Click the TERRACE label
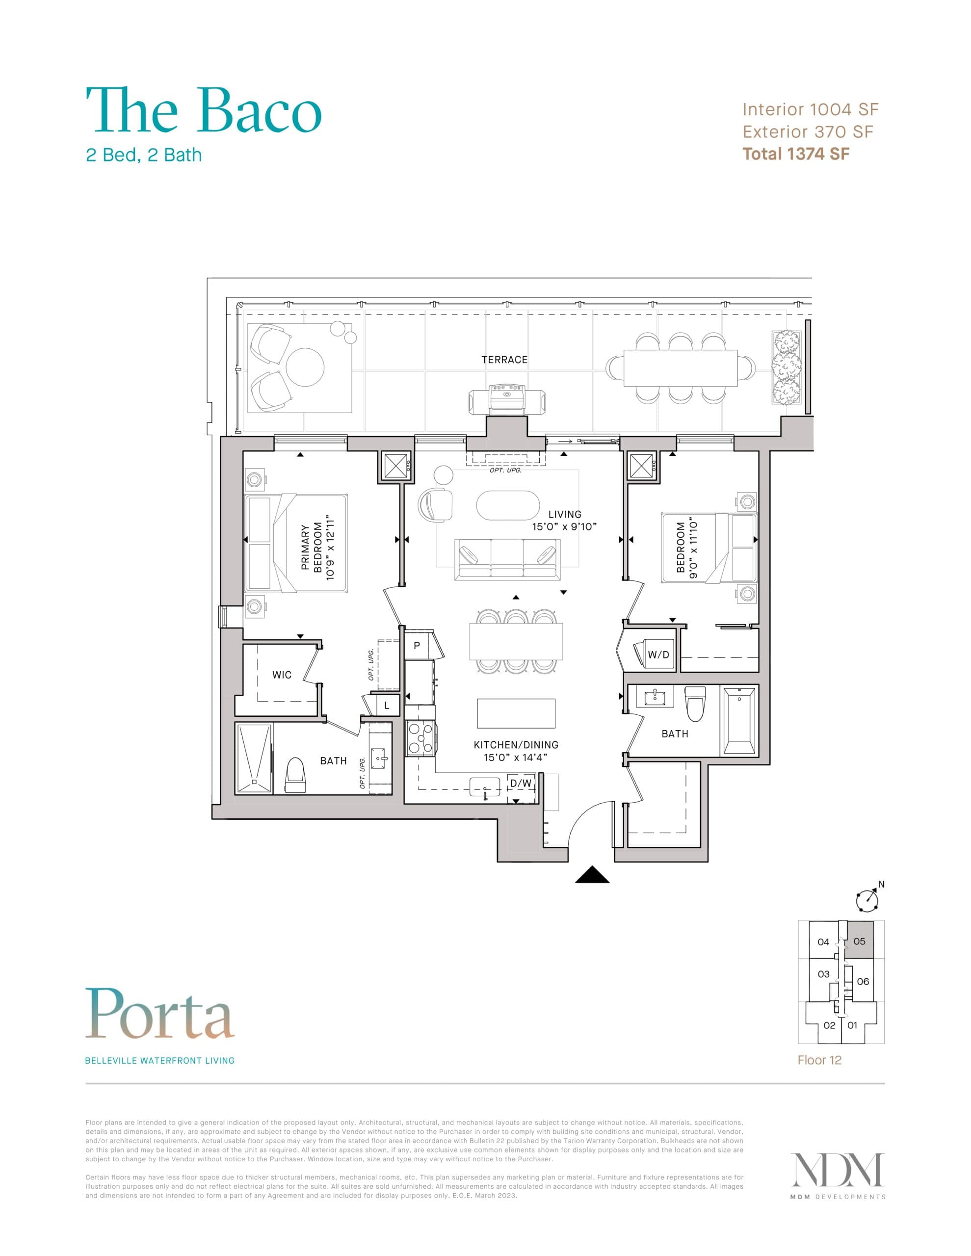tap(504, 360)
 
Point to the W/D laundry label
tap(658, 654)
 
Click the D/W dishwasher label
tap(521, 783)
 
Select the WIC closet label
tap(281, 675)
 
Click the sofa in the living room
tap(507, 559)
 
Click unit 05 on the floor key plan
tap(860, 942)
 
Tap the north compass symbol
tap(867, 901)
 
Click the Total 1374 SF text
tap(795, 154)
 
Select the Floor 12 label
tap(819, 1060)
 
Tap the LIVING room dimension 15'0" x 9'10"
tap(564, 527)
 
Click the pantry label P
tap(417, 645)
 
